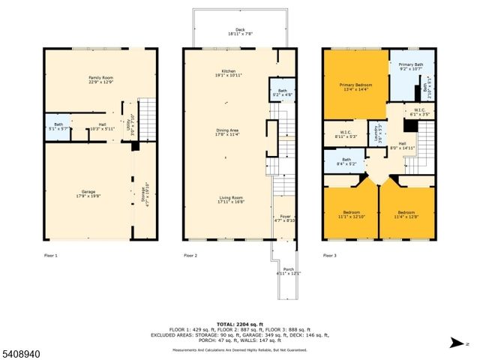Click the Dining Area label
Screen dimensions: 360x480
(x=225, y=133)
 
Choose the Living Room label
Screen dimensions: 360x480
(x=225, y=199)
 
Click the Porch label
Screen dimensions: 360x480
(x=288, y=271)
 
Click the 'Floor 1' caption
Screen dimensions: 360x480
(x=50, y=256)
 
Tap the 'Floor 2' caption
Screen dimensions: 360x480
(x=190, y=256)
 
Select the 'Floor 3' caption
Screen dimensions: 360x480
(x=330, y=256)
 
